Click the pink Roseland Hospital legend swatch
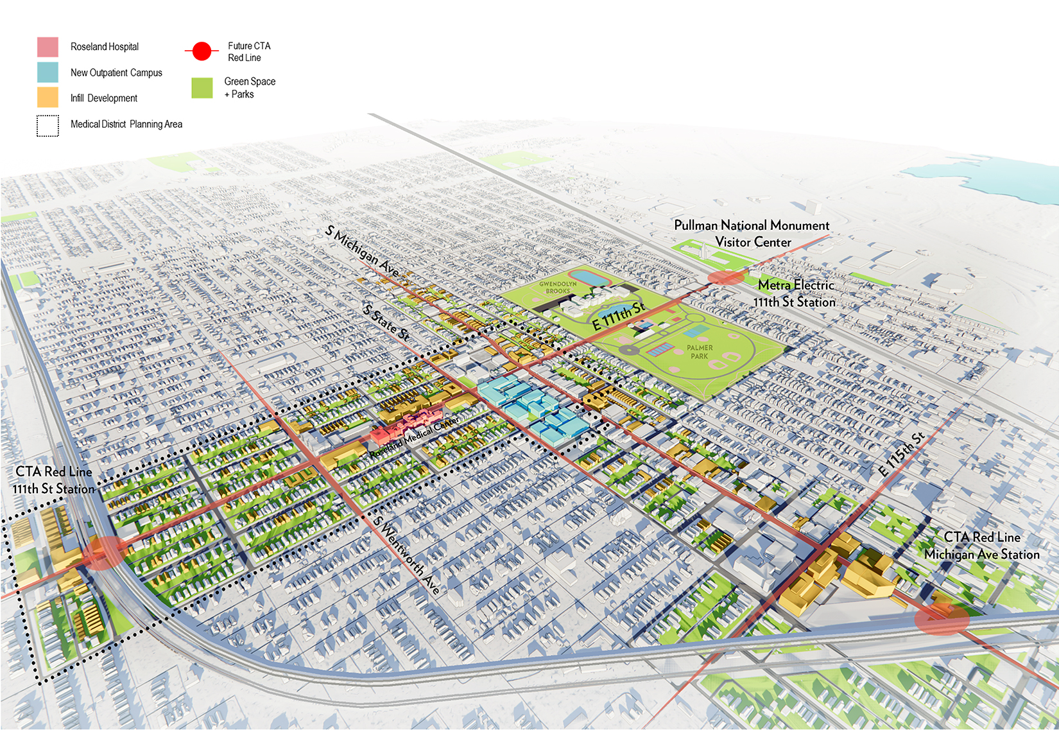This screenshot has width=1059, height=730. tap(47, 47)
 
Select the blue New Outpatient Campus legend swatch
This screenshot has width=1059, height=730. tap(47, 72)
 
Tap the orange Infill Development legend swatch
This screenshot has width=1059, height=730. tap(47, 98)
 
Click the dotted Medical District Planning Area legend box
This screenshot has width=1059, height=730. tap(47, 125)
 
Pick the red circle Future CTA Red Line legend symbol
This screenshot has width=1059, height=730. tap(202, 51)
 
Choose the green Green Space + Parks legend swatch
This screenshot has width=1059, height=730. tap(202, 88)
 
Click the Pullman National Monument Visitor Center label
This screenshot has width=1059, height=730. tap(752, 234)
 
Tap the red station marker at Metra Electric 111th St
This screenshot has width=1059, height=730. tap(726, 277)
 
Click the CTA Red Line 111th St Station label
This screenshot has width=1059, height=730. tap(53, 480)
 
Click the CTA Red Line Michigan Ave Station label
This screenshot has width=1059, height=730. tap(981, 546)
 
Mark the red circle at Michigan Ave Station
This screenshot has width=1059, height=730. tap(942, 619)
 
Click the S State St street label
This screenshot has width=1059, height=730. tap(386, 323)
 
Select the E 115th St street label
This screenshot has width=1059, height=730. tap(901, 455)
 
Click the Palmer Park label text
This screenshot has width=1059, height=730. tap(700, 352)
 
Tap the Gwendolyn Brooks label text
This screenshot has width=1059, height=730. tap(558, 287)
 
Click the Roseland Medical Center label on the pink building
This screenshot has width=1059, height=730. tap(415, 437)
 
